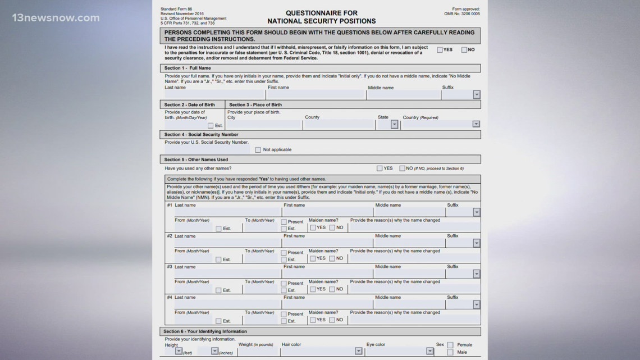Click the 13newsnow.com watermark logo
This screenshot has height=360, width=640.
56,18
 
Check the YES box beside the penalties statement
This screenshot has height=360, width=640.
440,50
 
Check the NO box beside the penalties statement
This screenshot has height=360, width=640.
464,50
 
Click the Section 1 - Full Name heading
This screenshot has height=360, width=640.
188,68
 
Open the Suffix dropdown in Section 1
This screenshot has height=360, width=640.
476,95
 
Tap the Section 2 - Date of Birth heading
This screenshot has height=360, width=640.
189,104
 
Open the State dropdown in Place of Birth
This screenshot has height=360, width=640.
394,124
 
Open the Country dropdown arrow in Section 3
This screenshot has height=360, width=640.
476,124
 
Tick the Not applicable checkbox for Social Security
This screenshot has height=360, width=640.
258,150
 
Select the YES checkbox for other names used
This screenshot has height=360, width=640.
380,168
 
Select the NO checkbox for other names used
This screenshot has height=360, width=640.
402,168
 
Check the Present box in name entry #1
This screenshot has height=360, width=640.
284,222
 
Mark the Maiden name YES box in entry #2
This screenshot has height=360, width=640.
313,258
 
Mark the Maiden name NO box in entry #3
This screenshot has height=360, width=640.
332,289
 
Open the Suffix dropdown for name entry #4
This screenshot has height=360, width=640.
476,304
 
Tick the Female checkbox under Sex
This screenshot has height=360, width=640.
450,345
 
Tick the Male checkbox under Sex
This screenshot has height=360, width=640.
450,352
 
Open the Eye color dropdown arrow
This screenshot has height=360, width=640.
429,351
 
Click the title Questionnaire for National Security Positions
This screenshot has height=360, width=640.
322,17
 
